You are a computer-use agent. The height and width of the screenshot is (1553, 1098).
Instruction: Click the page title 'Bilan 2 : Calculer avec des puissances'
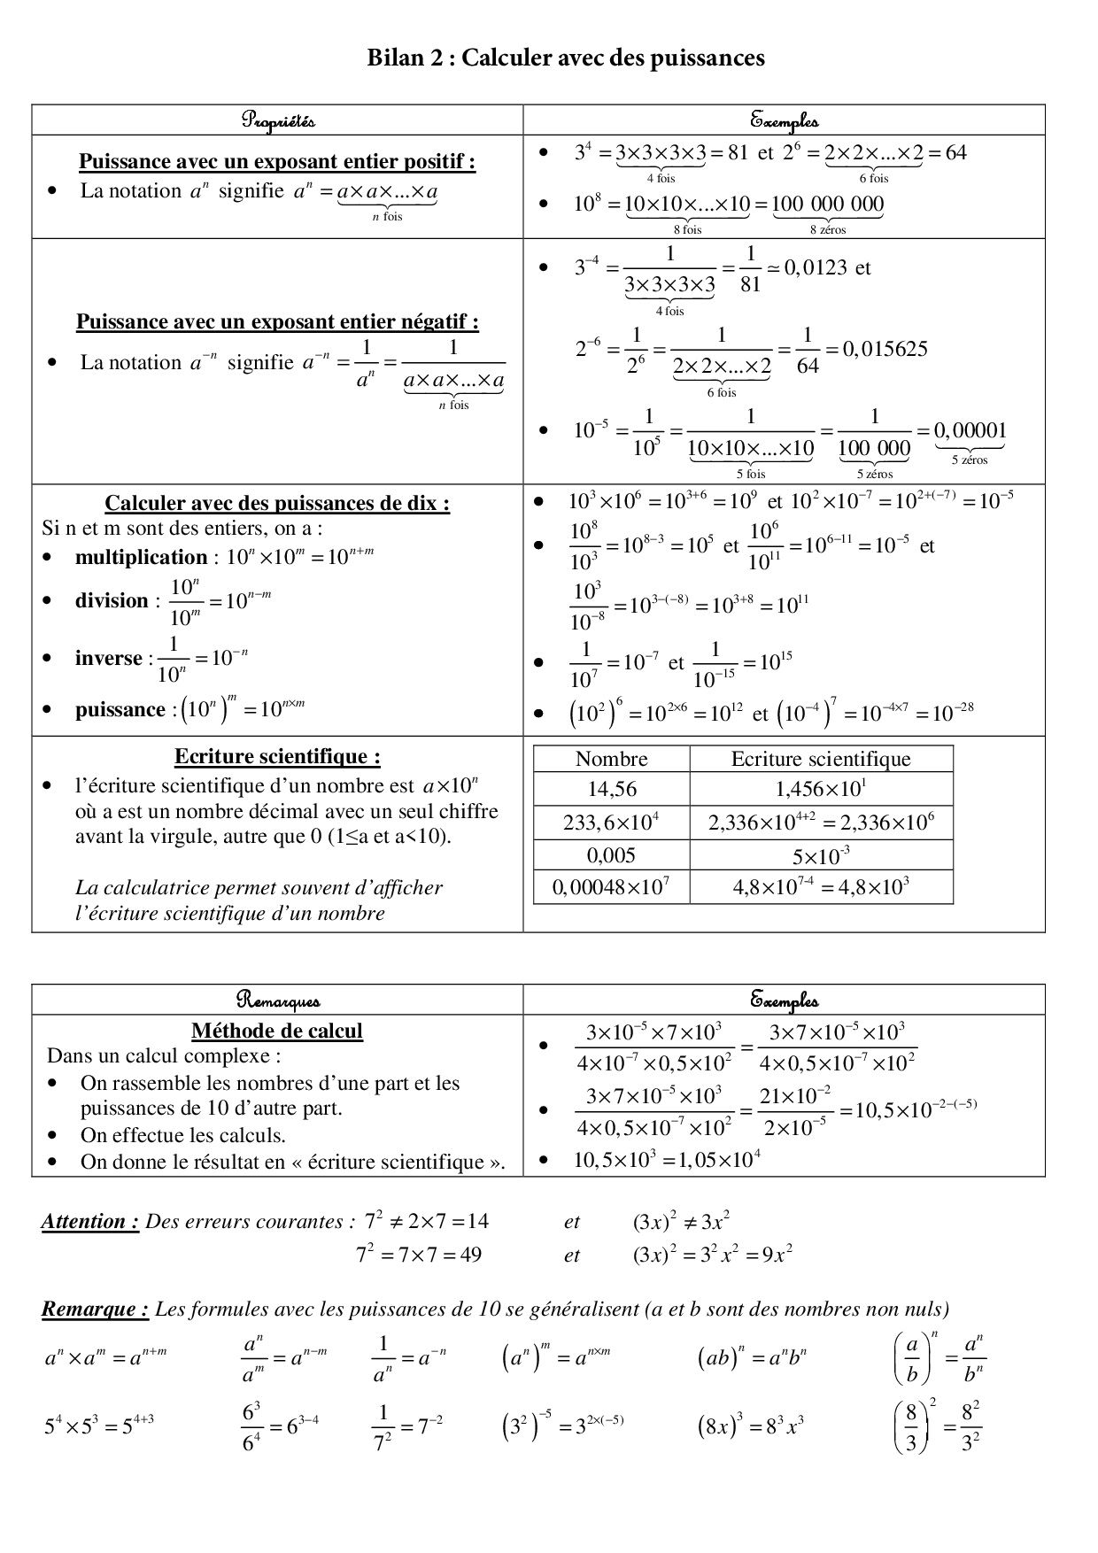(x=566, y=58)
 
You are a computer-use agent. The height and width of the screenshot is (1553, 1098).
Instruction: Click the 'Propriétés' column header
(x=278, y=120)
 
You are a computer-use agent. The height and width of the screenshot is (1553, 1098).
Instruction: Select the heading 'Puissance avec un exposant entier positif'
(x=277, y=162)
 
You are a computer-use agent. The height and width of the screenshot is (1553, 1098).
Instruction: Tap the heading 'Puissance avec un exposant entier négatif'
(x=277, y=321)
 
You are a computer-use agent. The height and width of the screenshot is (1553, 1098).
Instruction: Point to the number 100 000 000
(x=828, y=205)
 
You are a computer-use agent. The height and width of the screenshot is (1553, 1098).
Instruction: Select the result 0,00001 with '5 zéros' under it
(x=970, y=431)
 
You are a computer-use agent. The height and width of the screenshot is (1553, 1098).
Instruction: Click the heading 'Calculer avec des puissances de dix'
(x=277, y=504)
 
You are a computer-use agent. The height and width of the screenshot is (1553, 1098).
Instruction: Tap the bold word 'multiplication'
(x=141, y=558)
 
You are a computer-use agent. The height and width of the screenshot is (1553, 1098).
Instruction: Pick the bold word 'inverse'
(x=108, y=659)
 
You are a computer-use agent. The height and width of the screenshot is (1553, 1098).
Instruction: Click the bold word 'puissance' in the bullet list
(x=120, y=710)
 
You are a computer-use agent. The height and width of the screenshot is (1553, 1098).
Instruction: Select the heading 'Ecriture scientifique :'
(x=277, y=757)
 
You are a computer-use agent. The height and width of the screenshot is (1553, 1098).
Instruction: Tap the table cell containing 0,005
(x=612, y=855)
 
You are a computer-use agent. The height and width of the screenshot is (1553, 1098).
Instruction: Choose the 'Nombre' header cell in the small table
(x=612, y=759)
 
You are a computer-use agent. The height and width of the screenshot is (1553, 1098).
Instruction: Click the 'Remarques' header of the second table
(x=278, y=1001)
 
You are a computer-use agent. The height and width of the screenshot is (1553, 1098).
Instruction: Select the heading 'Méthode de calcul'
(x=277, y=1031)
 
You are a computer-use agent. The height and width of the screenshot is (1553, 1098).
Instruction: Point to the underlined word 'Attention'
(x=89, y=1222)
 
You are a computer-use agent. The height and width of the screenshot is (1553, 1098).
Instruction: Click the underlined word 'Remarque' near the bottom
(x=94, y=1310)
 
